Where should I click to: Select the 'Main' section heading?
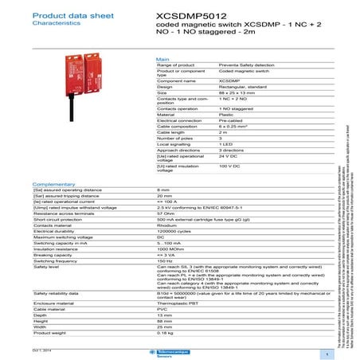coord(162,59)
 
